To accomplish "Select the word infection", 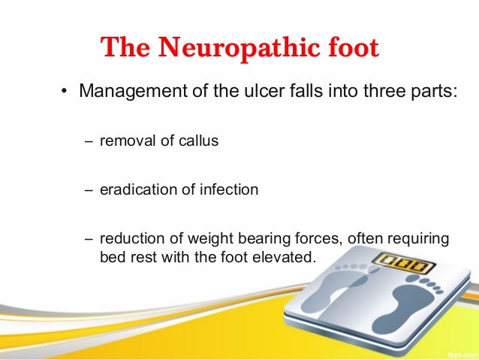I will point(229,189).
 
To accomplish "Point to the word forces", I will point(312,239).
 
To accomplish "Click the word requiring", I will point(419,240).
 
